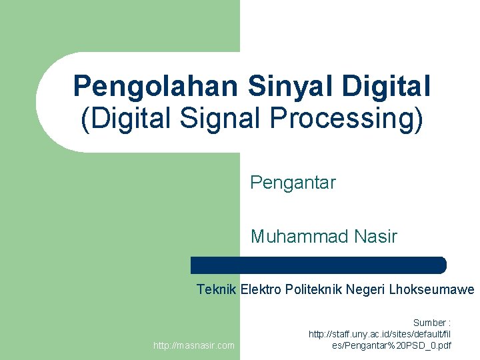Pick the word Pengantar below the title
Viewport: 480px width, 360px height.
coord(293,183)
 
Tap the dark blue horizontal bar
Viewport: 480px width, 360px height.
coord(318,265)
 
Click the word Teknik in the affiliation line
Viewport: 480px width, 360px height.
coord(217,289)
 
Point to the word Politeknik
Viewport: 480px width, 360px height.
coord(313,289)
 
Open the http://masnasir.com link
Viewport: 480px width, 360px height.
coord(194,345)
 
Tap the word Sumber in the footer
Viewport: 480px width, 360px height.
coord(429,323)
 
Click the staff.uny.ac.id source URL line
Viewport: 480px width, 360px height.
coord(380,334)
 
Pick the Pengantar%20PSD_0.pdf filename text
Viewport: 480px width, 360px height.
coord(392,345)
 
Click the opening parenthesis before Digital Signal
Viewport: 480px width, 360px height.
coord(84,119)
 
